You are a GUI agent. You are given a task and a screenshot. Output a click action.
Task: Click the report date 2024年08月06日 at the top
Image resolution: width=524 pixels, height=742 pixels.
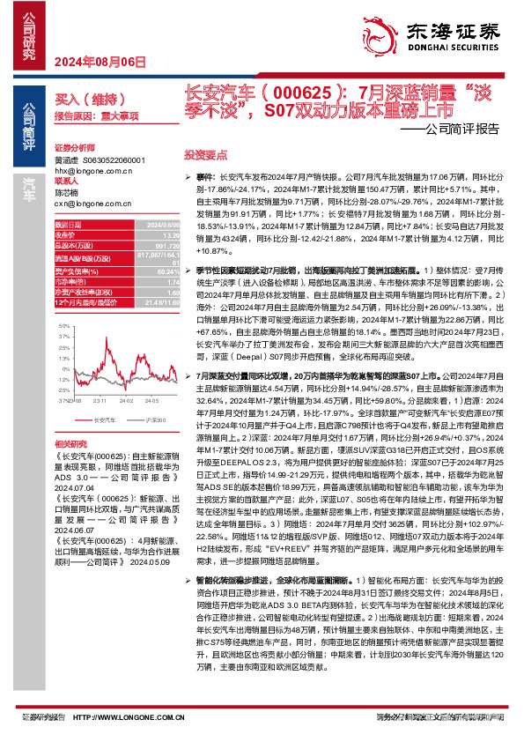pos(100,62)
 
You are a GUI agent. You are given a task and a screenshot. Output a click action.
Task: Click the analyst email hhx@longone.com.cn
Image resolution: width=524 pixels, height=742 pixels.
pos(93,171)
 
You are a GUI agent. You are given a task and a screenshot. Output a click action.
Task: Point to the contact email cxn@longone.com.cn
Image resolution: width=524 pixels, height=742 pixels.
pos(93,202)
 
